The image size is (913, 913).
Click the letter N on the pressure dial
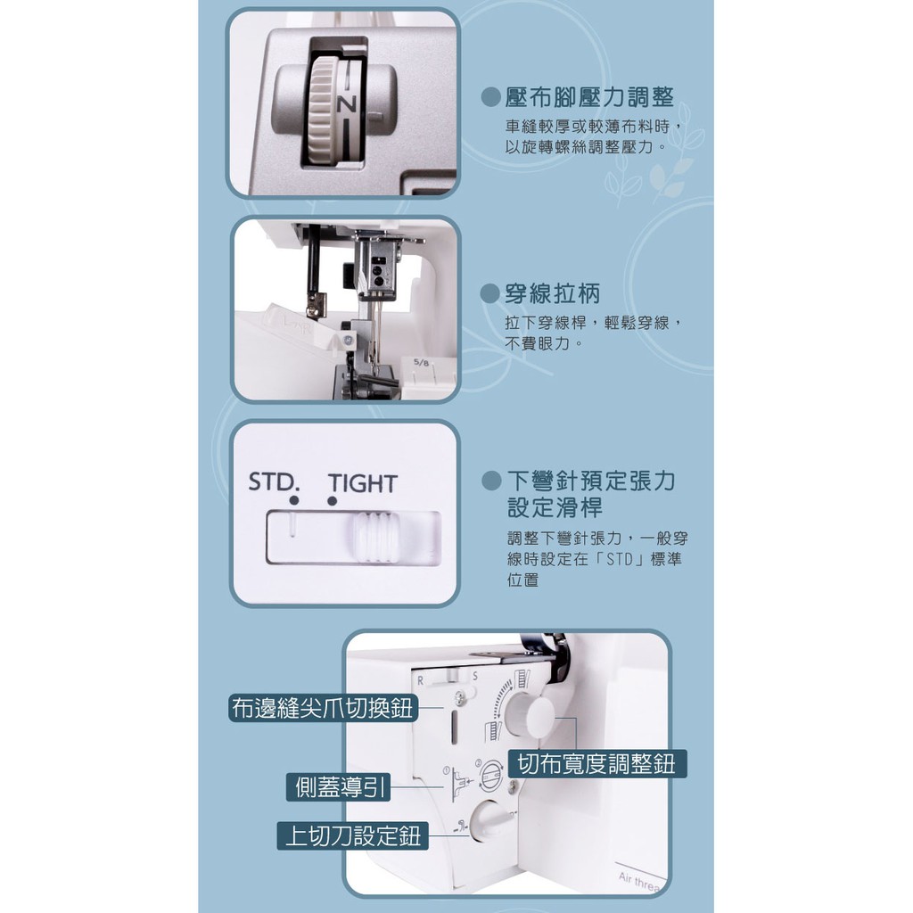coord(347,104)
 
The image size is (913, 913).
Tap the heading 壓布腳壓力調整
coord(589,96)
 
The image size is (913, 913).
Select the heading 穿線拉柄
coord(552,292)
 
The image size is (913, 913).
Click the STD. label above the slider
coord(274,482)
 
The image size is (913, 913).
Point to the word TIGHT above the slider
coord(362,483)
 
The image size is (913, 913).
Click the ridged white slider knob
coord(375,537)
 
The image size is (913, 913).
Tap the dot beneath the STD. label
coord(294,501)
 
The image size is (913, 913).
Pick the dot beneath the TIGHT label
coord(332,501)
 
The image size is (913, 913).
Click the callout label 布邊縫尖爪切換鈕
coord(323,708)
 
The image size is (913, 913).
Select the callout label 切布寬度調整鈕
coord(596,763)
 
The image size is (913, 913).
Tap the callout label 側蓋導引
coord(339,787)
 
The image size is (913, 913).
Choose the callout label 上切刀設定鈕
coord(352,835)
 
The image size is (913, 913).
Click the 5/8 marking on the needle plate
coord(421,363)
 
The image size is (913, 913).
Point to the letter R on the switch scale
coord(421,680)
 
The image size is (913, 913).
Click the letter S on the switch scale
coord(475,677)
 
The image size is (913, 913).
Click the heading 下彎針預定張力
coord(591,481)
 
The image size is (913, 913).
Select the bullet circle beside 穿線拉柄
coord(490,293)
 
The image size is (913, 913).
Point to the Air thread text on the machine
coord(640,882)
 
